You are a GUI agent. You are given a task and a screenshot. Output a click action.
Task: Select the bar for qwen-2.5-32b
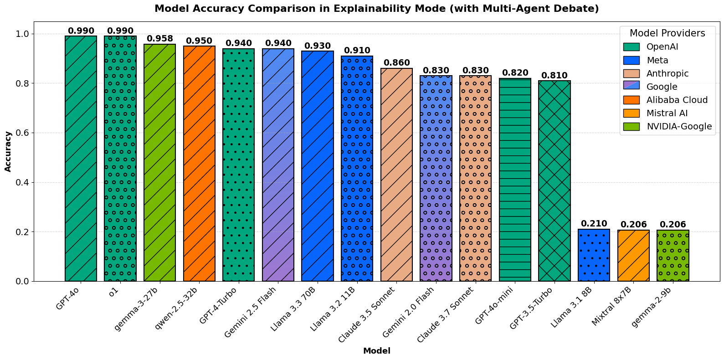click(199, 164)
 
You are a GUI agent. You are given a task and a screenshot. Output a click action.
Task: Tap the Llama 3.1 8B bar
click(594, 255)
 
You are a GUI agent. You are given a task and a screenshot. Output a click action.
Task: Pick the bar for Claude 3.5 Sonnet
click(396, 175)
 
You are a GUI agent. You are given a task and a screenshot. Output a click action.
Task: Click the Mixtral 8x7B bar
click(633, 256)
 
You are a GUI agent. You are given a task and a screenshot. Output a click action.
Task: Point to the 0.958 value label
click(159, 39)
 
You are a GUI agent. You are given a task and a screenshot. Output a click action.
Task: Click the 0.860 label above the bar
click(396, 63)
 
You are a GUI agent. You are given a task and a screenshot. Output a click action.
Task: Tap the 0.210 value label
click(594, 224)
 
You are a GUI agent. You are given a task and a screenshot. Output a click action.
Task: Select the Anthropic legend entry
click(667, 73)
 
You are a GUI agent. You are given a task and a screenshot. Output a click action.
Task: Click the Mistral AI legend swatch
click(632, 113)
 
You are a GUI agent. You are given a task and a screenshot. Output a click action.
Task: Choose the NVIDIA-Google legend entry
click(678, 126)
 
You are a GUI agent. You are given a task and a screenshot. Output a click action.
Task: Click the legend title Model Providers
click(667, 33)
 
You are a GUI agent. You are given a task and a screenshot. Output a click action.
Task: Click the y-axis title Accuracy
click(8, 151)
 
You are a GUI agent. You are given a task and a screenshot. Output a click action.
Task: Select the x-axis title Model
click(376, 351)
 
